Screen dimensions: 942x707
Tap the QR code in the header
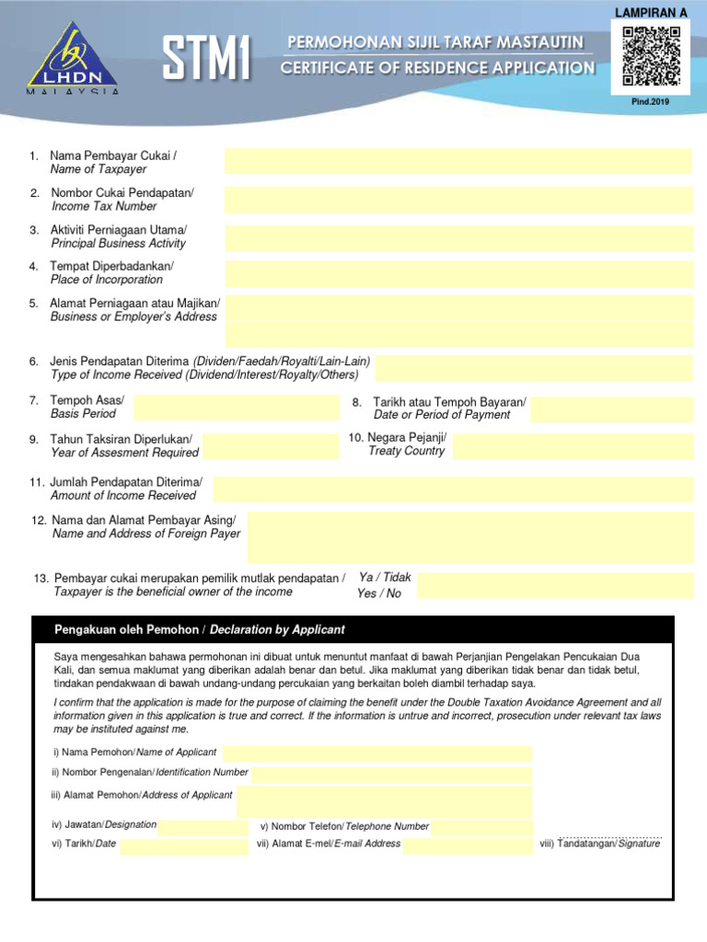click(x=651, y=56)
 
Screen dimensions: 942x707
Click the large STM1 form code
click(x=207, y=60)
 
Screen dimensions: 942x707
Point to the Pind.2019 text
click(x=651, y=101)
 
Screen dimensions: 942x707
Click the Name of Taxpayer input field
click(x=458, y=162)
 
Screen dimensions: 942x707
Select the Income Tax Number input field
click(x=458, y=200)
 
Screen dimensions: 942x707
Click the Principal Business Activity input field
click(x=458, y=237)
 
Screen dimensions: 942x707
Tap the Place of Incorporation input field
click(x=458, y=274)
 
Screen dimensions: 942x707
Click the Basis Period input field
click(x=237, y=408)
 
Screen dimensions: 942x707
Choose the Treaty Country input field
click(x=573, y=447)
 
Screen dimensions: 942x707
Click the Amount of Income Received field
click(x=453, y=489)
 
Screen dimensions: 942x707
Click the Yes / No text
click(x=379, y=593)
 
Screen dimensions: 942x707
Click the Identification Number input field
click(x=391, y=774)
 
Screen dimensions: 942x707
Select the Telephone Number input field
click(x=481, y=827)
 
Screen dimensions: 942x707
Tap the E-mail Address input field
click(x=468, y=844)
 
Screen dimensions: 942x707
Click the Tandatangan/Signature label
click(x=600, y=844)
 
